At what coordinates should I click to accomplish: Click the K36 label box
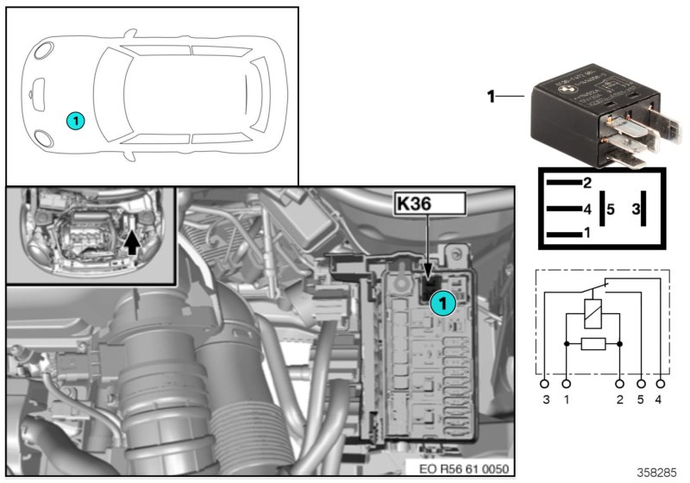(x=429, y=204)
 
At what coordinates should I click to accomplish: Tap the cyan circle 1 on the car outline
(x=76, y=122)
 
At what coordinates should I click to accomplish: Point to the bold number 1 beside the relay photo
(x=492, y=97)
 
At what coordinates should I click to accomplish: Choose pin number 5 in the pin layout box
(x=610, y=209)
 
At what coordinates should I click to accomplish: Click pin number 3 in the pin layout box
(x=636, y=209)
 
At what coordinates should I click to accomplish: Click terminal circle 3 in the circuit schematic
(x=544, y=382)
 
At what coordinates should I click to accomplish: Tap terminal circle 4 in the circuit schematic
(x=661, y=382)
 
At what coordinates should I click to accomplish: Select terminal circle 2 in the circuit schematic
(x=619, y=382)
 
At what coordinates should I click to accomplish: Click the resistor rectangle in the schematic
(x=593, y=344)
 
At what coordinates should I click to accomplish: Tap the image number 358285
(x=657, y=474)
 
